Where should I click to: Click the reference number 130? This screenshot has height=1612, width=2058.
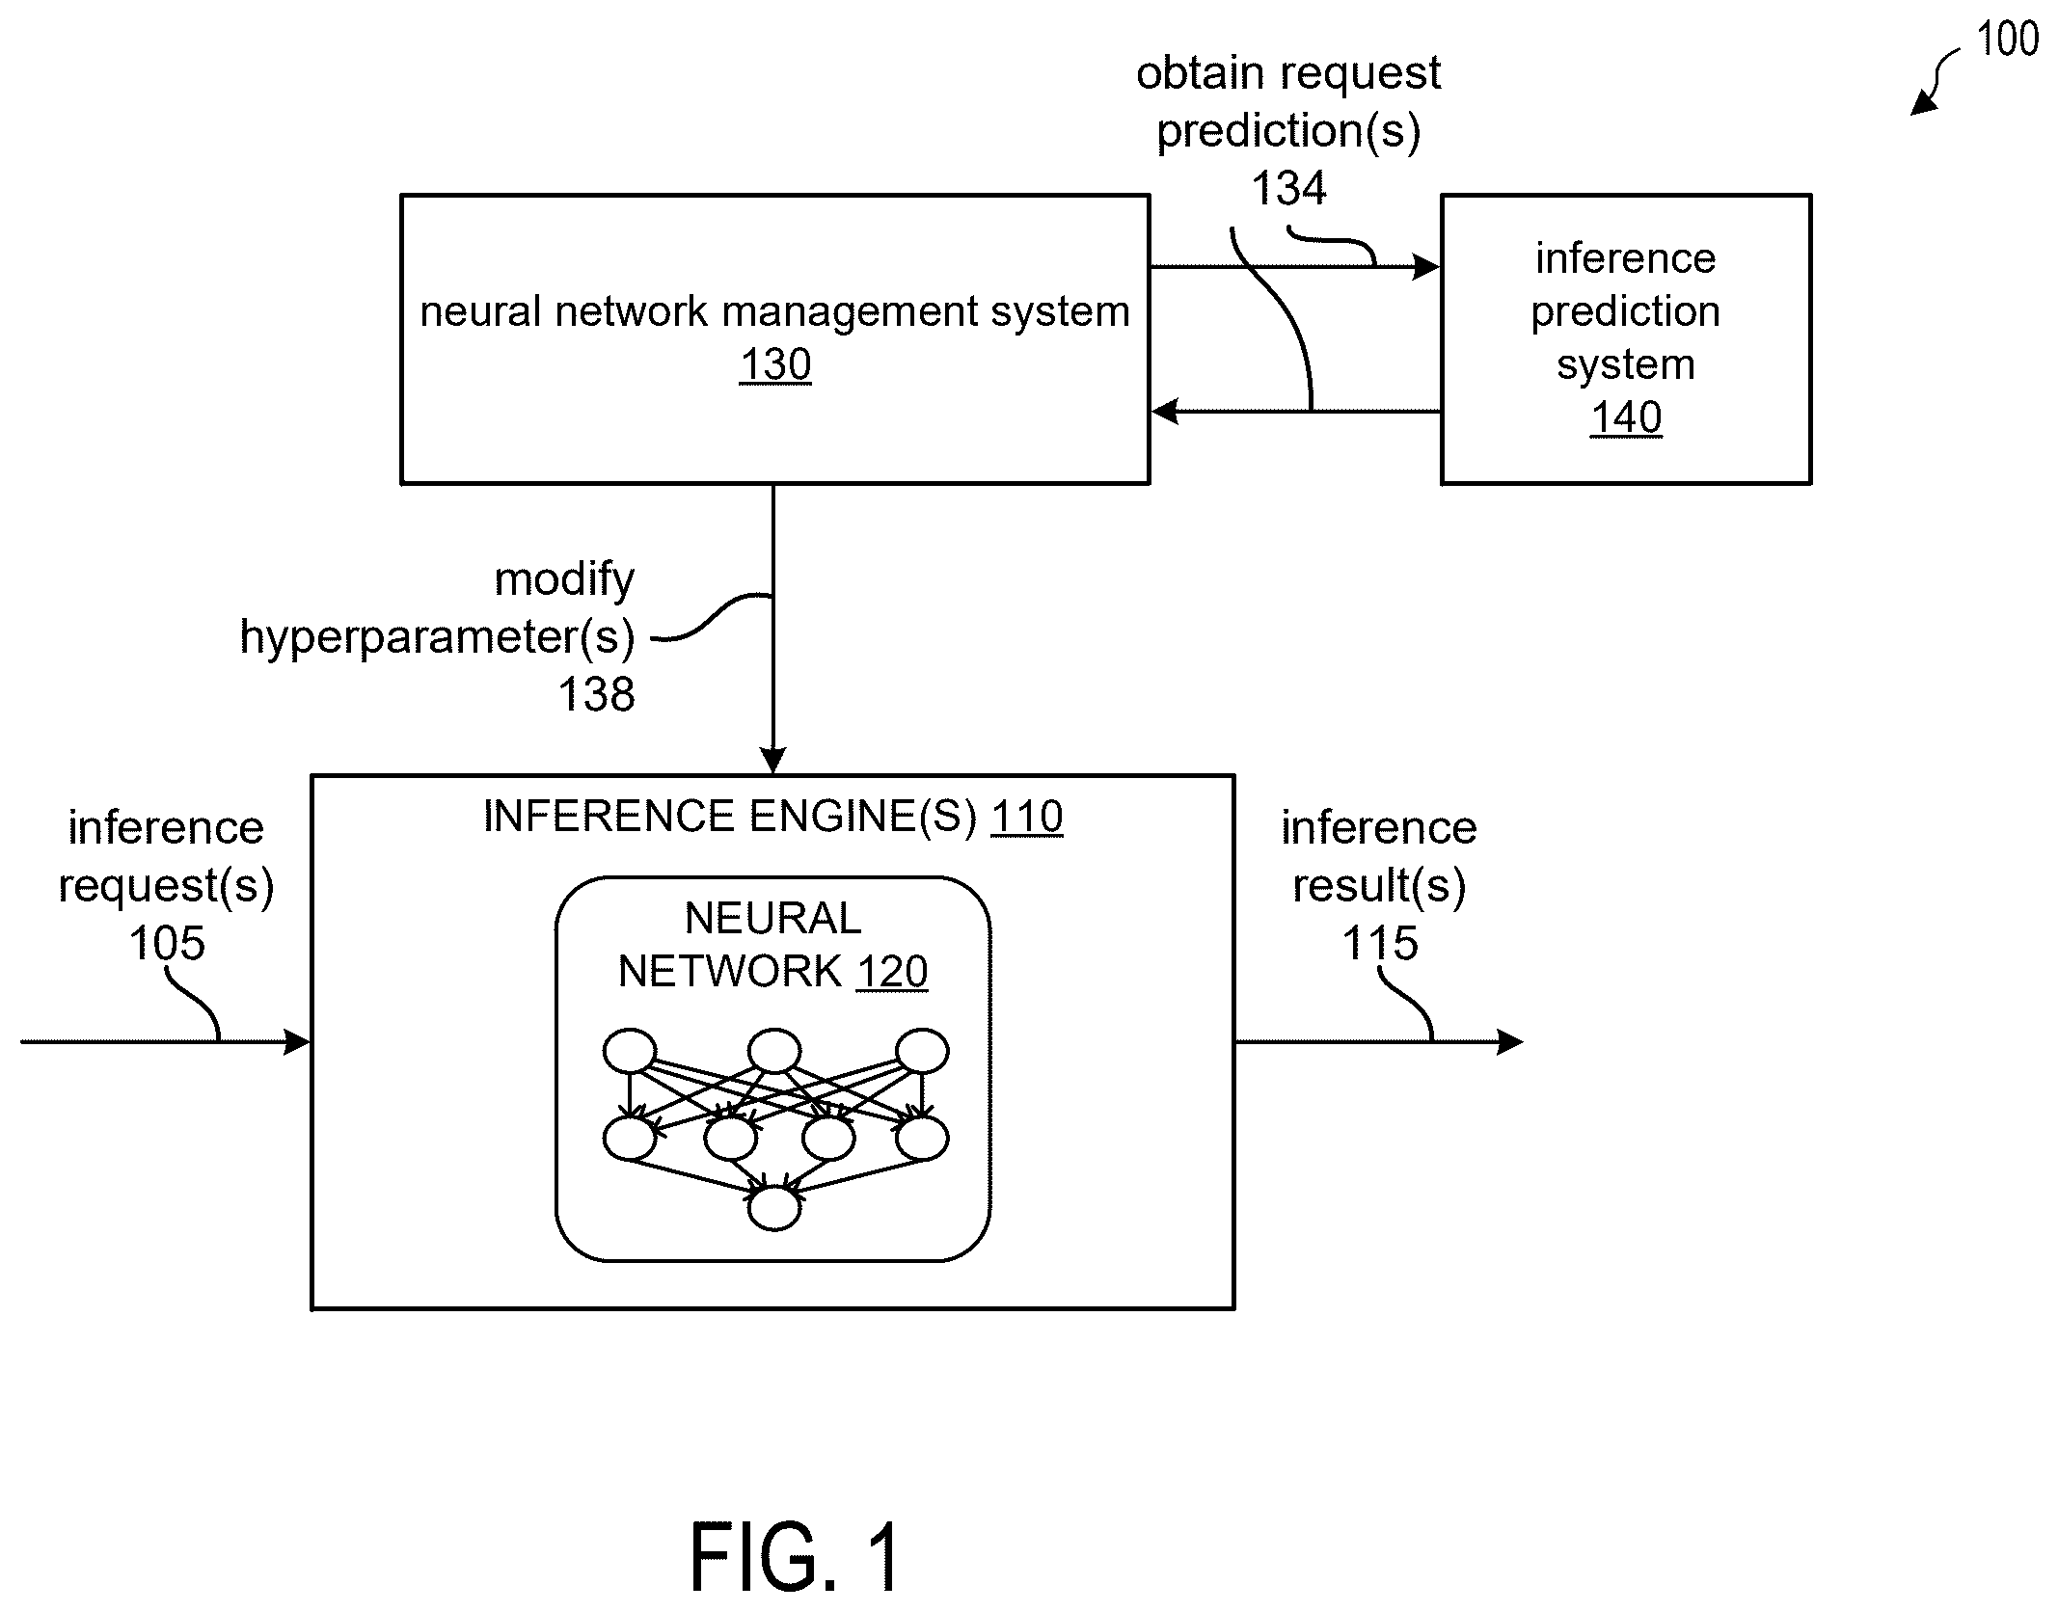[x=775, y=365]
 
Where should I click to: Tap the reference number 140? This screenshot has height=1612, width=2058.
[x=1626, y=418]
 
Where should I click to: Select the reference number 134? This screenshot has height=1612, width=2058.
[x=1288, y=188]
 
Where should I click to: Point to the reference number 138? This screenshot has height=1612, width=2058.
[x=597, y=694]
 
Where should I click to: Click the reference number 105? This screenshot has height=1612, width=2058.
[x=167, y=943]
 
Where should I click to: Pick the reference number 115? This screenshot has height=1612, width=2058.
[x=1380, y=943]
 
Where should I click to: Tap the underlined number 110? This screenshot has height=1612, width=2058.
[x=1027, y=818]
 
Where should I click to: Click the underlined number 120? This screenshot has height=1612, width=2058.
[x=892, y=972]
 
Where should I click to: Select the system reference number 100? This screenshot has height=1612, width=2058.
[x=2008, y=40]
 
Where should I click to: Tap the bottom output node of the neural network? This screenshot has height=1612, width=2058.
[x=774, y=1208]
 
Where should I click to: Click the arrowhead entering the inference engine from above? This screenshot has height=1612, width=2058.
[x=773, y=761]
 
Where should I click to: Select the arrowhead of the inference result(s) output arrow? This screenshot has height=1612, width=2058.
[x=1510, y=1042]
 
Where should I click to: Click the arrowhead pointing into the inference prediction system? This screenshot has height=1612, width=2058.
[x=1426, y=267]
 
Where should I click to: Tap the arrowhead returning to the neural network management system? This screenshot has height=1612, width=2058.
[x=1166, y=412]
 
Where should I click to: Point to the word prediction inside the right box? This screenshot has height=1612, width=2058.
[x=1626, y=312]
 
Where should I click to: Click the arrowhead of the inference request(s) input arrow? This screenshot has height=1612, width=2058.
[x=297, y=1042]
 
